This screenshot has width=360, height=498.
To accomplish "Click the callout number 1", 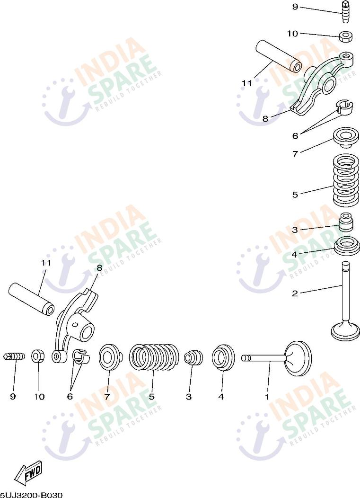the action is [x=267, y=397].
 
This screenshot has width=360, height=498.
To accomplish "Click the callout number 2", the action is [x=295, y=293].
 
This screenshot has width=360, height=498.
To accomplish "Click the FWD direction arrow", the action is [x=28, y=471].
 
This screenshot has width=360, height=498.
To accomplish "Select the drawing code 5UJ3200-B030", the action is [x=31, y=495].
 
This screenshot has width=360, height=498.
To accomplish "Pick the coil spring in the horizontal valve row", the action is [x=154, y=357].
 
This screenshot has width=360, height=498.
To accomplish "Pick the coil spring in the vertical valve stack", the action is [x=346, y=180].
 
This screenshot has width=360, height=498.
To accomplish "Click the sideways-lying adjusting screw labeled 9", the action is [x=14, y=356].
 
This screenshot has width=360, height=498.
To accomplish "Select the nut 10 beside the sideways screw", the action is [x=38, y=356].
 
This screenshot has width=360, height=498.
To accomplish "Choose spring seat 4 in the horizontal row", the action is [x=223, y=357].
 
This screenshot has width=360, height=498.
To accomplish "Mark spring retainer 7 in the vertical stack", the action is [x=346, y=138].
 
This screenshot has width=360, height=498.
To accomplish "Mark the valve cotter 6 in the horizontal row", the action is [x=81, y=357].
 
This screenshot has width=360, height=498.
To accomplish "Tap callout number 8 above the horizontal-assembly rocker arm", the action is [x=99, y=268].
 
